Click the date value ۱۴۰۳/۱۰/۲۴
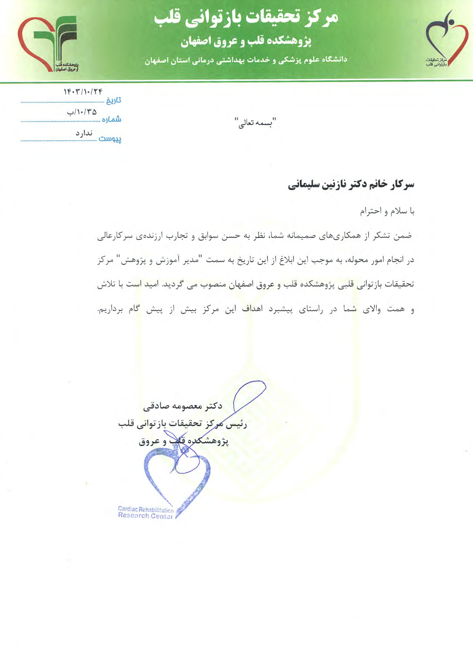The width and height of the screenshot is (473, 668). (x=83, y=92)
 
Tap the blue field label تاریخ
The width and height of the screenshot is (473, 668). (x=113, y=101)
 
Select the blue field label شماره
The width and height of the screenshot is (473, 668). (x=111, y=119)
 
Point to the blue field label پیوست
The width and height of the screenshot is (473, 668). (x=110, y=138)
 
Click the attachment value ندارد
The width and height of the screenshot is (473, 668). (x=84, y=133)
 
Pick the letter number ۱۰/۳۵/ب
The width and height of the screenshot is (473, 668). (x=82, y=112)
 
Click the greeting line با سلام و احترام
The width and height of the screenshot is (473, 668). (x=387, y=211)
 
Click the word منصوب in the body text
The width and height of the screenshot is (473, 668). (x=214, y=284)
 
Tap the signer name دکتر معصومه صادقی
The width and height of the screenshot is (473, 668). (x=183, y=406)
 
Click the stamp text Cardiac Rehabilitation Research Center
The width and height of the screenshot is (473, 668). (x=145, y=513)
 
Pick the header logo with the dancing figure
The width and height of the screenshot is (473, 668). (x=446, y=39)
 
